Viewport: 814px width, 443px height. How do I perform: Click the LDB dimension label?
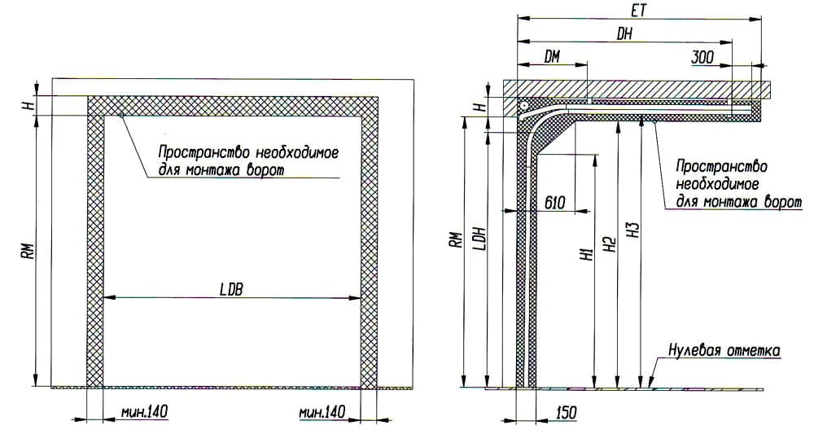[231, 289]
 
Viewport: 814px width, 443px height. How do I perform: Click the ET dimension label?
[639, 11]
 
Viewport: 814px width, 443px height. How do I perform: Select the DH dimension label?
[624, 33]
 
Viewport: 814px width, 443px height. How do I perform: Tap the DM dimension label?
[553, 56]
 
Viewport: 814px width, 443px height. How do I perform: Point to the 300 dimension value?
[702, 57]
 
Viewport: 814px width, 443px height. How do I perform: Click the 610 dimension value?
[555, 202]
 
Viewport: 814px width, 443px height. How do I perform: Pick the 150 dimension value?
[566, 412]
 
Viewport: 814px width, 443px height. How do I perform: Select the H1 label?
[588, 253]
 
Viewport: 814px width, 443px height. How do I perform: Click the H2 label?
[610, 244]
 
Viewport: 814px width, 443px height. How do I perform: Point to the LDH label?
[480, 239]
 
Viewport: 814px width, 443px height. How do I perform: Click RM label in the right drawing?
[456, 239]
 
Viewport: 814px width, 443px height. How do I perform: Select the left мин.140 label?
[144, 412]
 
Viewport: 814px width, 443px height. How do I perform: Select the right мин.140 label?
[322, 412]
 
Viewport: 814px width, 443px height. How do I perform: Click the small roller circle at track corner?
[525, 105]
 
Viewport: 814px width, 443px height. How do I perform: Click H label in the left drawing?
[31, 105]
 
